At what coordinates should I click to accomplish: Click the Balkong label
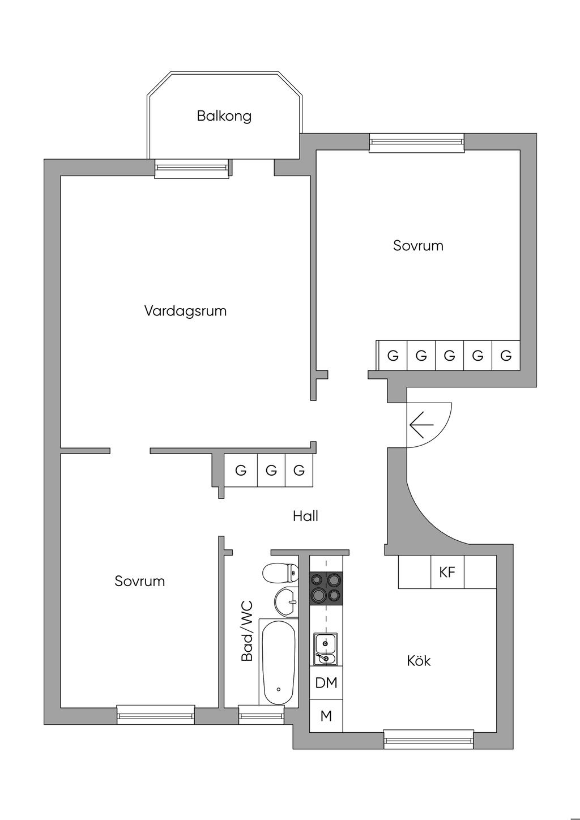point(224,116)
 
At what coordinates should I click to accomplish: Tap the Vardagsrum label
point(185,311)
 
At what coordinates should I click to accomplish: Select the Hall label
point(305,516)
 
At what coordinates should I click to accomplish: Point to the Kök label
point(419,661)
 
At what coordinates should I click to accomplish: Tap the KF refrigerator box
point(447,572)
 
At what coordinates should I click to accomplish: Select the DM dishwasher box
point(326,683)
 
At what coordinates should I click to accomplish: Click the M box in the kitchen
point(326,716)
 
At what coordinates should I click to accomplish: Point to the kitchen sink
point(326,648)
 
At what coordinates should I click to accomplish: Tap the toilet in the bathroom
point(280,573)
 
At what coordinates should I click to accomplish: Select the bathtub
point(279,662)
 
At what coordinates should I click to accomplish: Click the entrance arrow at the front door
point(421,425)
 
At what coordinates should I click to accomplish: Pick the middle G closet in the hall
point(271,470)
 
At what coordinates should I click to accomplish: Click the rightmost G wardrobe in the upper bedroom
point(506,356)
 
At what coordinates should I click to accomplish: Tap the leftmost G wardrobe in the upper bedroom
point(393,356)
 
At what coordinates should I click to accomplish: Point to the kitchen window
point(428,740)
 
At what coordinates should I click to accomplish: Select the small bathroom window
point(261,714)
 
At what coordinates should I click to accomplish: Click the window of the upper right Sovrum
point(417,143)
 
